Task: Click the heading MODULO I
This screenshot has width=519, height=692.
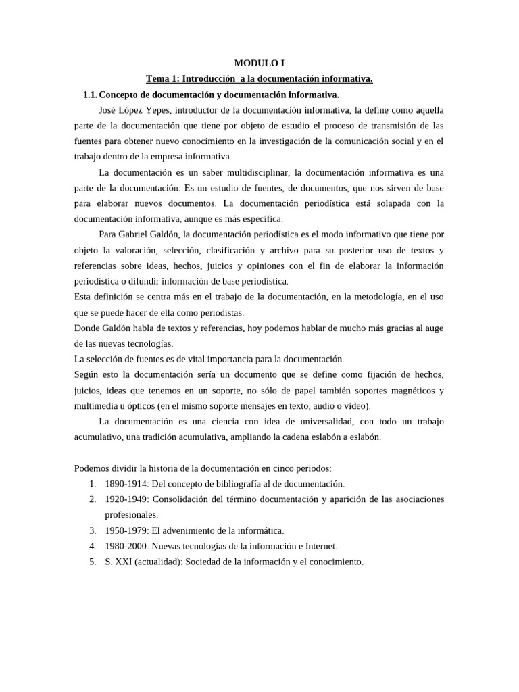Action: (x=259, y=64)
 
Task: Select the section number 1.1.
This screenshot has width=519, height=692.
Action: (x=90, y=95)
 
